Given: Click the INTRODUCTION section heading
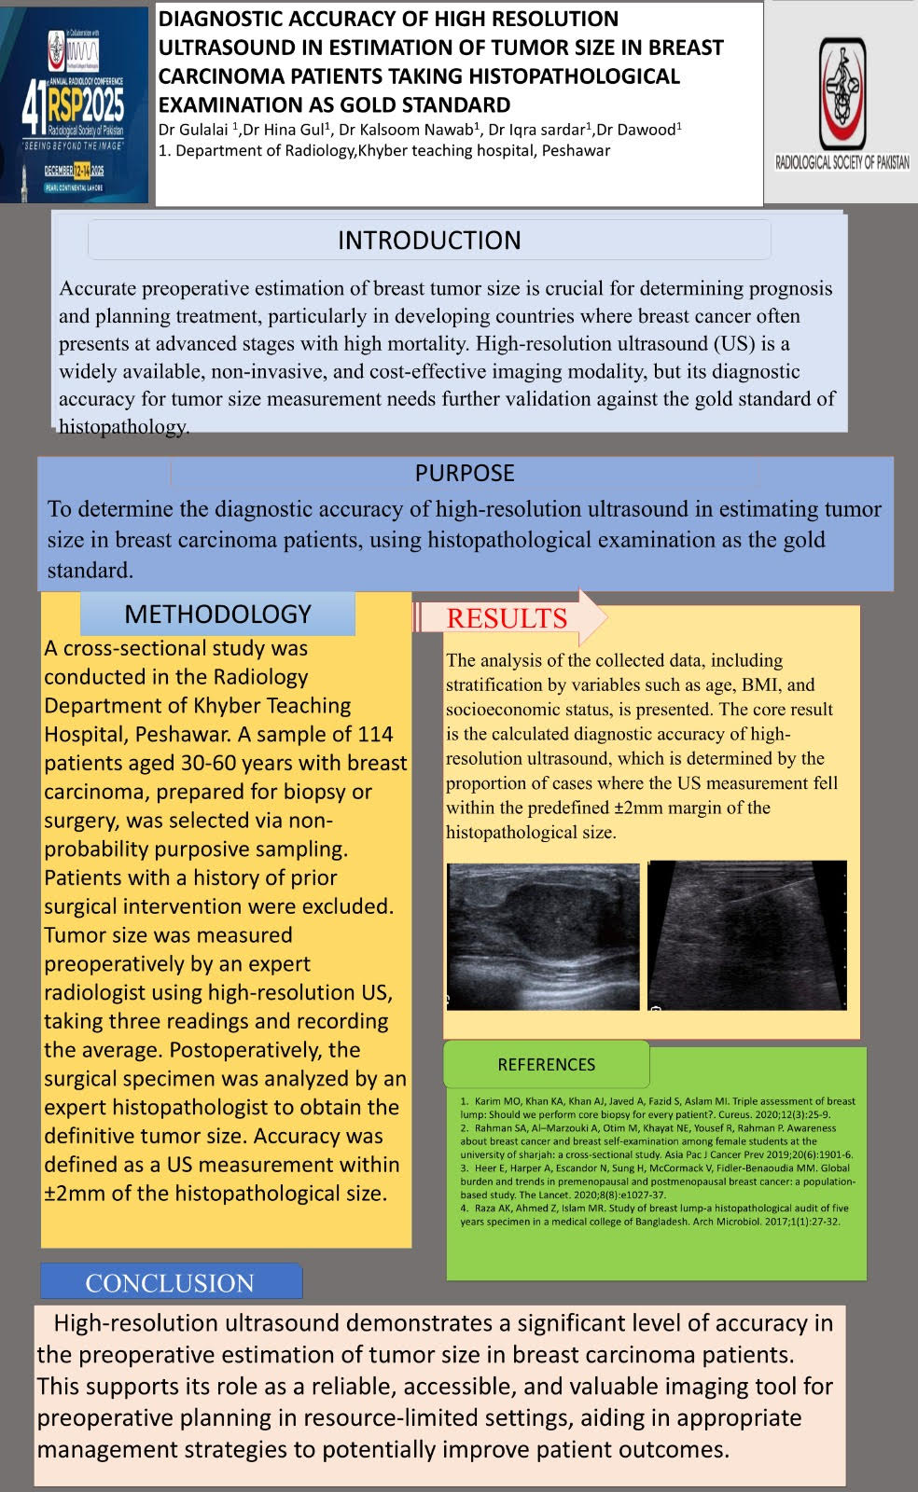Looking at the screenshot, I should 429,241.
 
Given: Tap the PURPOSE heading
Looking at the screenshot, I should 465,473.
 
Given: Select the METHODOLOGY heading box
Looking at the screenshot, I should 217,614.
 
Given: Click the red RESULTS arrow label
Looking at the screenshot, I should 508,617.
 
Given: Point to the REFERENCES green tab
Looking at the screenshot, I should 546,1064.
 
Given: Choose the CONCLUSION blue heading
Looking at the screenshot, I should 170,1282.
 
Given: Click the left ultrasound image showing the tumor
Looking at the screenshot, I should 543,935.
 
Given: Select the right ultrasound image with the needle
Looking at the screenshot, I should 747,935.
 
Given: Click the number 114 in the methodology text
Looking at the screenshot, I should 375,734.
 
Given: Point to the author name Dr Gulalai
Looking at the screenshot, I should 193,130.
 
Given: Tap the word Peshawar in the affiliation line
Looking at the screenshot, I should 576,150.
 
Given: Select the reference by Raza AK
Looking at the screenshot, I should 653,1214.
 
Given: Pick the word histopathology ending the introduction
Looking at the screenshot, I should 123,427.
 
